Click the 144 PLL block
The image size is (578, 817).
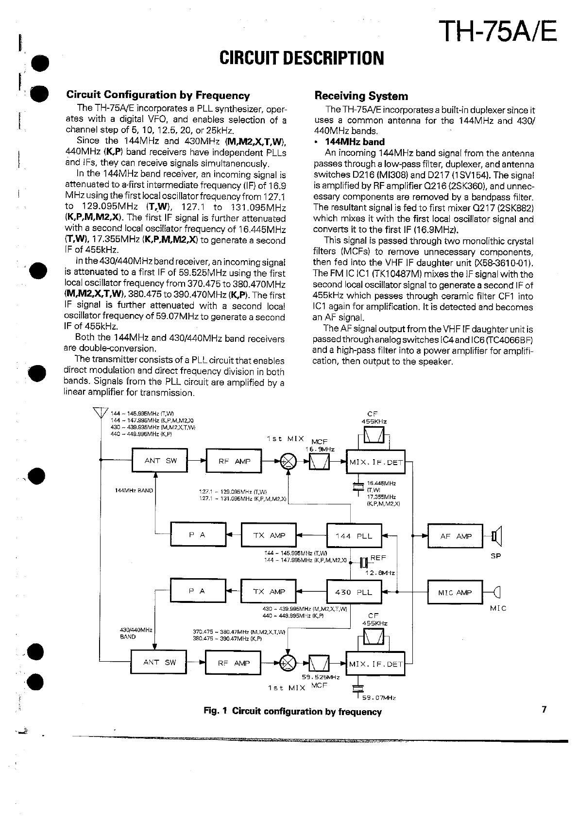354,536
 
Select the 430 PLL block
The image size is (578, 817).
354,592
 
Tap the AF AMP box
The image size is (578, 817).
455,536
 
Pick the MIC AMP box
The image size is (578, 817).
455,592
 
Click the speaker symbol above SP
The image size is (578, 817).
496,536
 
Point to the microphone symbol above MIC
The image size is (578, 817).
497,592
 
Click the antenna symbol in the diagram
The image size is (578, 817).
101,413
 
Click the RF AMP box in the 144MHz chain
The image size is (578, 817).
234,461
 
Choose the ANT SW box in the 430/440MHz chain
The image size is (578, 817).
159,663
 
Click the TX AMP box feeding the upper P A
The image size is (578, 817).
269,535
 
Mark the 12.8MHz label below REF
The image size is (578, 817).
380,573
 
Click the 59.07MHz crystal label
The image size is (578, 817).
379,698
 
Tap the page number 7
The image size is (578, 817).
544,709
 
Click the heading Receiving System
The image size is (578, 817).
361,96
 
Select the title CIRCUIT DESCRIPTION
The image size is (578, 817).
302,58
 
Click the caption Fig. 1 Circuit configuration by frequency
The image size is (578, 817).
292,712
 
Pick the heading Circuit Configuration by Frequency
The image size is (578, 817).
158,95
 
